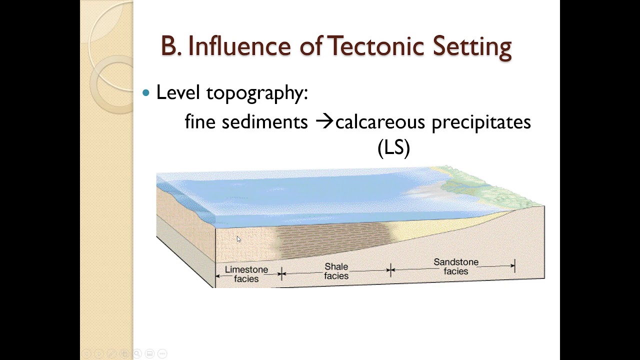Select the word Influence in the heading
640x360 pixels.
pos(239,46)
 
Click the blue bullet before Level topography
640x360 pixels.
pos(146,93)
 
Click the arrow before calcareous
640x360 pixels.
pos(324,121)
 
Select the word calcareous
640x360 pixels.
pos(380,122)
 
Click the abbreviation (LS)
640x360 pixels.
pos(393,147)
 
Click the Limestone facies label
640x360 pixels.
pos(246,274)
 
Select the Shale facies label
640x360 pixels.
pos(336,271)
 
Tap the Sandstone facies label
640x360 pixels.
pos(456,266)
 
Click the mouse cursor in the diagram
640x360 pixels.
pos(238,239)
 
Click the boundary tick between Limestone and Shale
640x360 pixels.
pos(281,273)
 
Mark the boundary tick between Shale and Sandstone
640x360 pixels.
pos(390,270)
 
